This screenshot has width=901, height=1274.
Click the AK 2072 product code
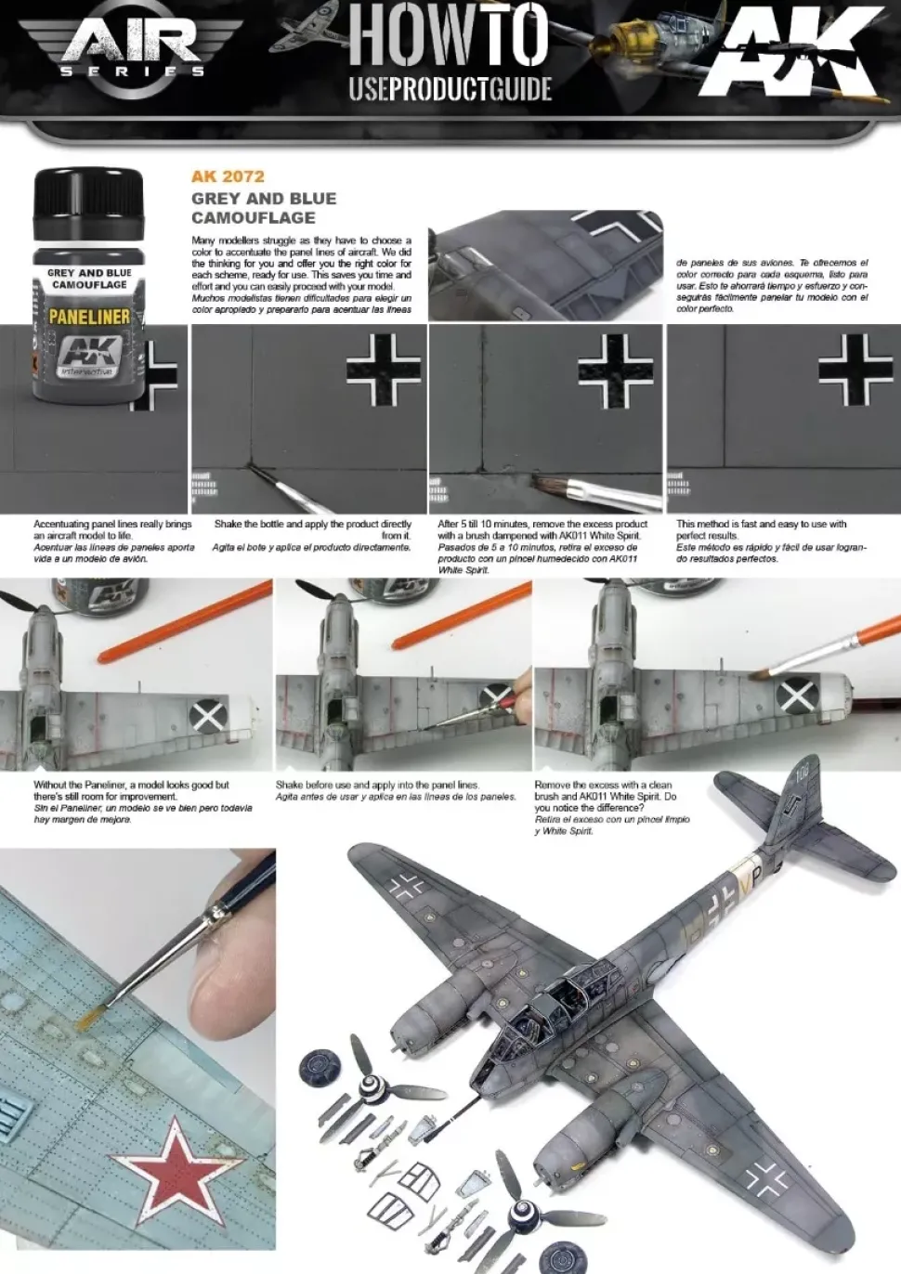(x=228, y=176)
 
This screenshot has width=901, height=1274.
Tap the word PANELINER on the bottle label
(x=89, y=317)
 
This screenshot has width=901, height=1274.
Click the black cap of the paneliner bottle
(x=88, y=195)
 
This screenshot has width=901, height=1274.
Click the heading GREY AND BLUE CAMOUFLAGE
(x=264, y=208)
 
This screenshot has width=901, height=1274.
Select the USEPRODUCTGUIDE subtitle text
(x=450, y=89)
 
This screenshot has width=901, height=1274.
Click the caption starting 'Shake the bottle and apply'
(x=312, y=535)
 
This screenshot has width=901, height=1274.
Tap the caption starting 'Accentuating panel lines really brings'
(x=113, y=540)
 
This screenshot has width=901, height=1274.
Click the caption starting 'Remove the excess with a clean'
(x=612, y=807)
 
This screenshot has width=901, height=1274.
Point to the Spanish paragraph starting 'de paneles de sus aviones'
(x=772, y=285)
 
